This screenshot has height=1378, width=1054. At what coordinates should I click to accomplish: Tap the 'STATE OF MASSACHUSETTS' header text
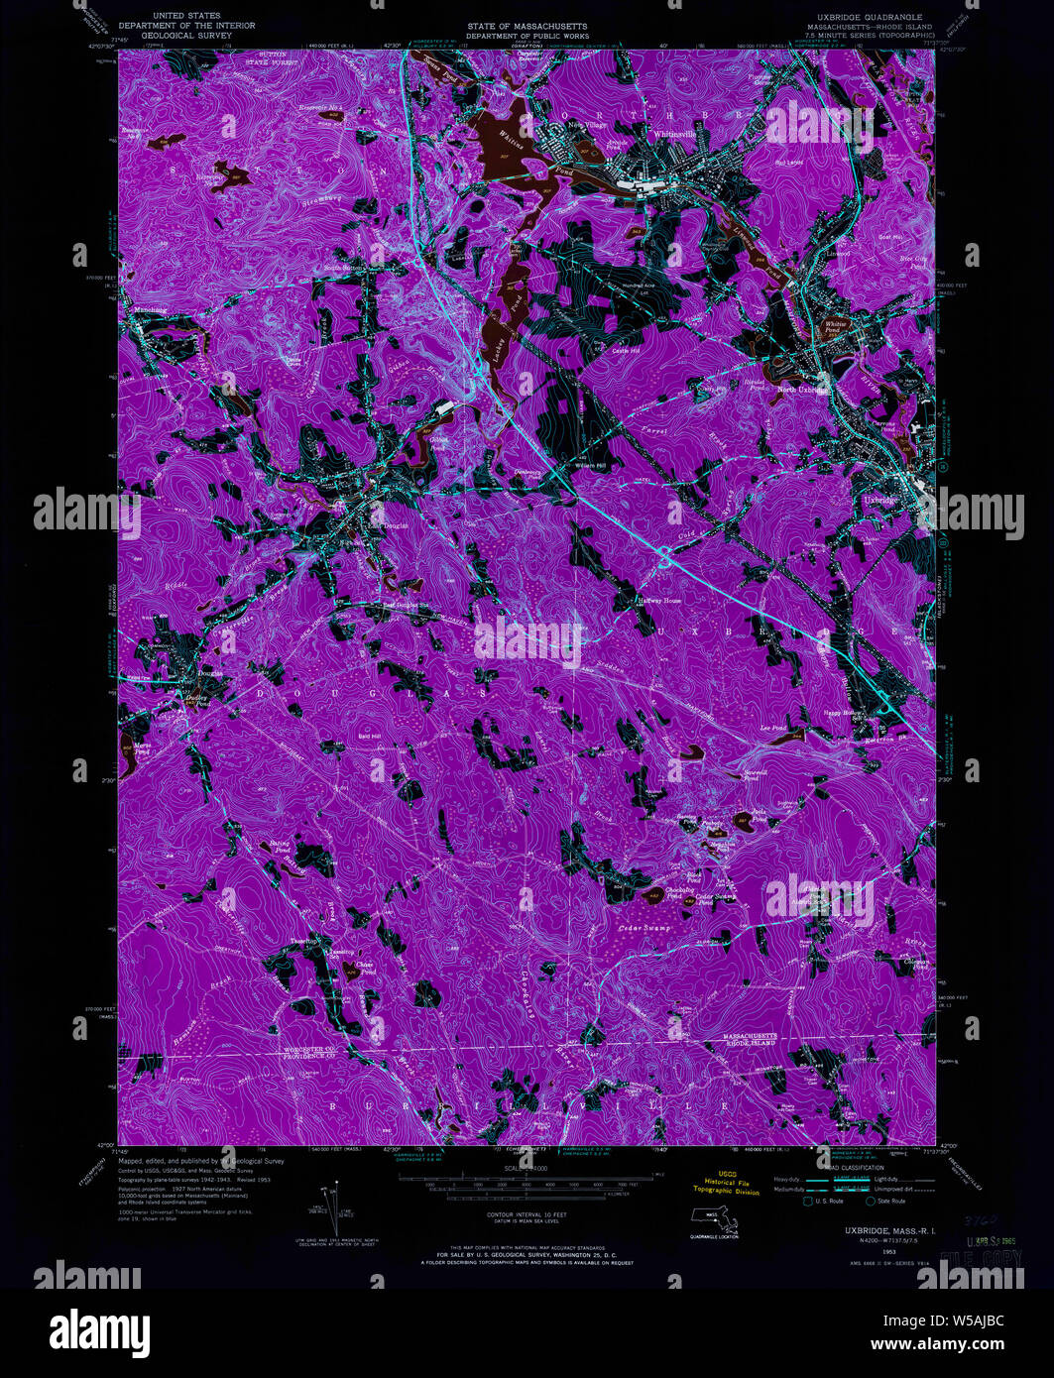527,26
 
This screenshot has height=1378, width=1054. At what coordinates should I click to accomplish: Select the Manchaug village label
150,310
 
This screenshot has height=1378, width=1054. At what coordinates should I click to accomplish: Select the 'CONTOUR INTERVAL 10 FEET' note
527,1213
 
